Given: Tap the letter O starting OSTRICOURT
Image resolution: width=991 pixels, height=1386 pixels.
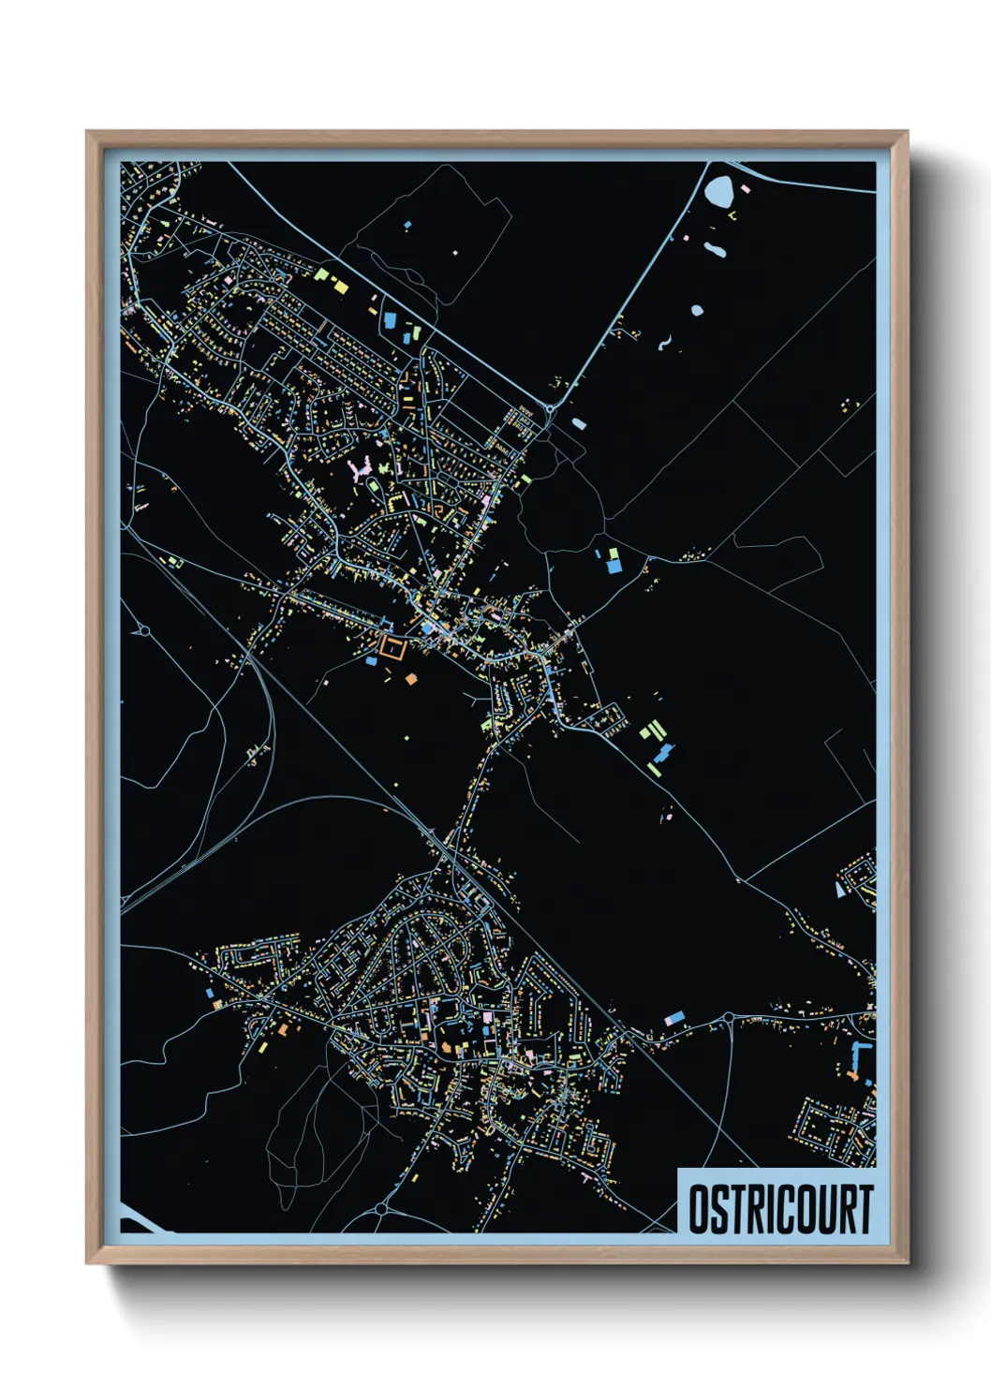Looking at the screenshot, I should click(698, 1209).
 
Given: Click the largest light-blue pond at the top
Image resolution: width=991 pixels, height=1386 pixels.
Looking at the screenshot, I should click(719, 191).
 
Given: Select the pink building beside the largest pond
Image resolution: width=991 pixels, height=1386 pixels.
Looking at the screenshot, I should click(746, 187).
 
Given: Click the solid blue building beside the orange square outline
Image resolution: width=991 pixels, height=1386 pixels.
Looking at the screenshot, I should click(371, 661).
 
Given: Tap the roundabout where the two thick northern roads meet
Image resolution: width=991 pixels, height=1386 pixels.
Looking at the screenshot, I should click(549, 408).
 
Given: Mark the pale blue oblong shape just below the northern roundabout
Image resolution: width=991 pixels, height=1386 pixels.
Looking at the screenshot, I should click(579, 423).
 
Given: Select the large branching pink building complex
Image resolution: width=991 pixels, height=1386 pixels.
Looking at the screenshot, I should click(362, 469).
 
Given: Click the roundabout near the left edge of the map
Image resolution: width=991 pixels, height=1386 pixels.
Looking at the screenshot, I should click(144, 631).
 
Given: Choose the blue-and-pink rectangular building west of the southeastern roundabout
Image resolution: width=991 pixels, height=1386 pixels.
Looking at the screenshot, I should click(673, 1018).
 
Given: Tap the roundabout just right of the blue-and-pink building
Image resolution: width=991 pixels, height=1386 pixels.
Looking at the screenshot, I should click(728, 1018).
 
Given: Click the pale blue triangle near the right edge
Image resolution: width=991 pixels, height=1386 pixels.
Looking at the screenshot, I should click(839, 889).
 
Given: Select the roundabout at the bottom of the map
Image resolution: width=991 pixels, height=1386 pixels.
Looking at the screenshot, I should click(381, 1208).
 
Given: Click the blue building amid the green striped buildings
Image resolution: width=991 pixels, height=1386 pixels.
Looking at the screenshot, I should click(664, 753).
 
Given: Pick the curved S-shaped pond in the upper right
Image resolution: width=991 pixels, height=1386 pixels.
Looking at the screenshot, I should click(664, 344).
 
